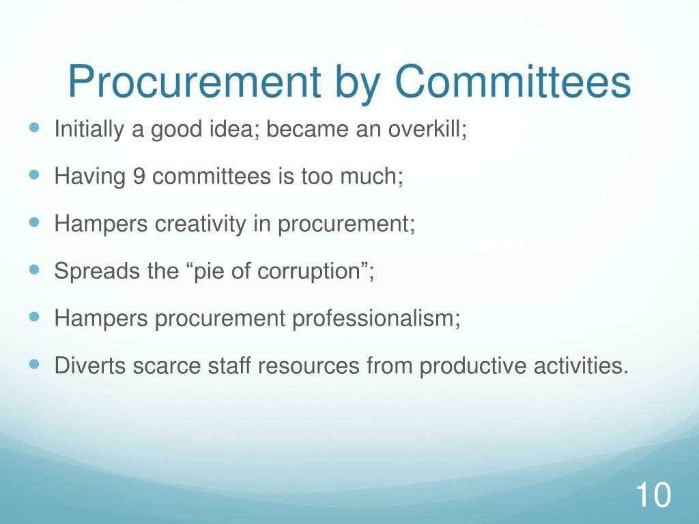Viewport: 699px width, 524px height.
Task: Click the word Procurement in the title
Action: click(x=194, y=83)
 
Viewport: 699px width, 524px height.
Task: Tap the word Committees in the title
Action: click(x=512, y=83)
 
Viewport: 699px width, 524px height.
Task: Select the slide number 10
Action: click(x=653, y=495)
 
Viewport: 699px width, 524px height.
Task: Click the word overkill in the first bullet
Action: click(x=428, y=129)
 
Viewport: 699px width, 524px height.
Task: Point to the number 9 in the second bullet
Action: click(x=139, y=177)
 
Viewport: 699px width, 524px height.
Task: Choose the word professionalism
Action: click(x=376, y=318)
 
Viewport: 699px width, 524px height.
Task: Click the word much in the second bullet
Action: click(x=375, y=177)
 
